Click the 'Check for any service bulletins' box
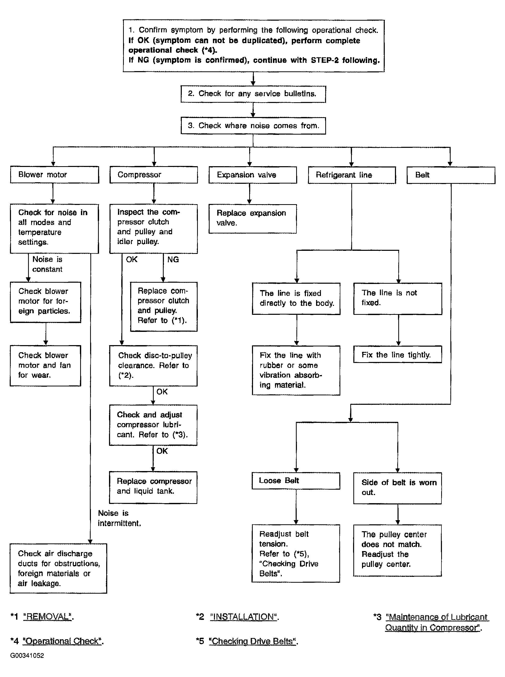(253, 94)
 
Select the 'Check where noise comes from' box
(253, 126)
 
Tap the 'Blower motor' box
(54, 175)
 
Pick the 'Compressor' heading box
(154, 175)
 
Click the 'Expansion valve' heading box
(253, 175)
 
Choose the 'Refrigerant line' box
(352, 175)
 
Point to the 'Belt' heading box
(451, 175)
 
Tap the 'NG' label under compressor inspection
(173, 259)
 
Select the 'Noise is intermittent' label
(119, 518)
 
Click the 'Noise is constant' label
(47, 264)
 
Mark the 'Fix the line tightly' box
(398, 354)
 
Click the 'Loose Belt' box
(296, 481)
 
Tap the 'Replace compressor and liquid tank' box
(153, 487)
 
